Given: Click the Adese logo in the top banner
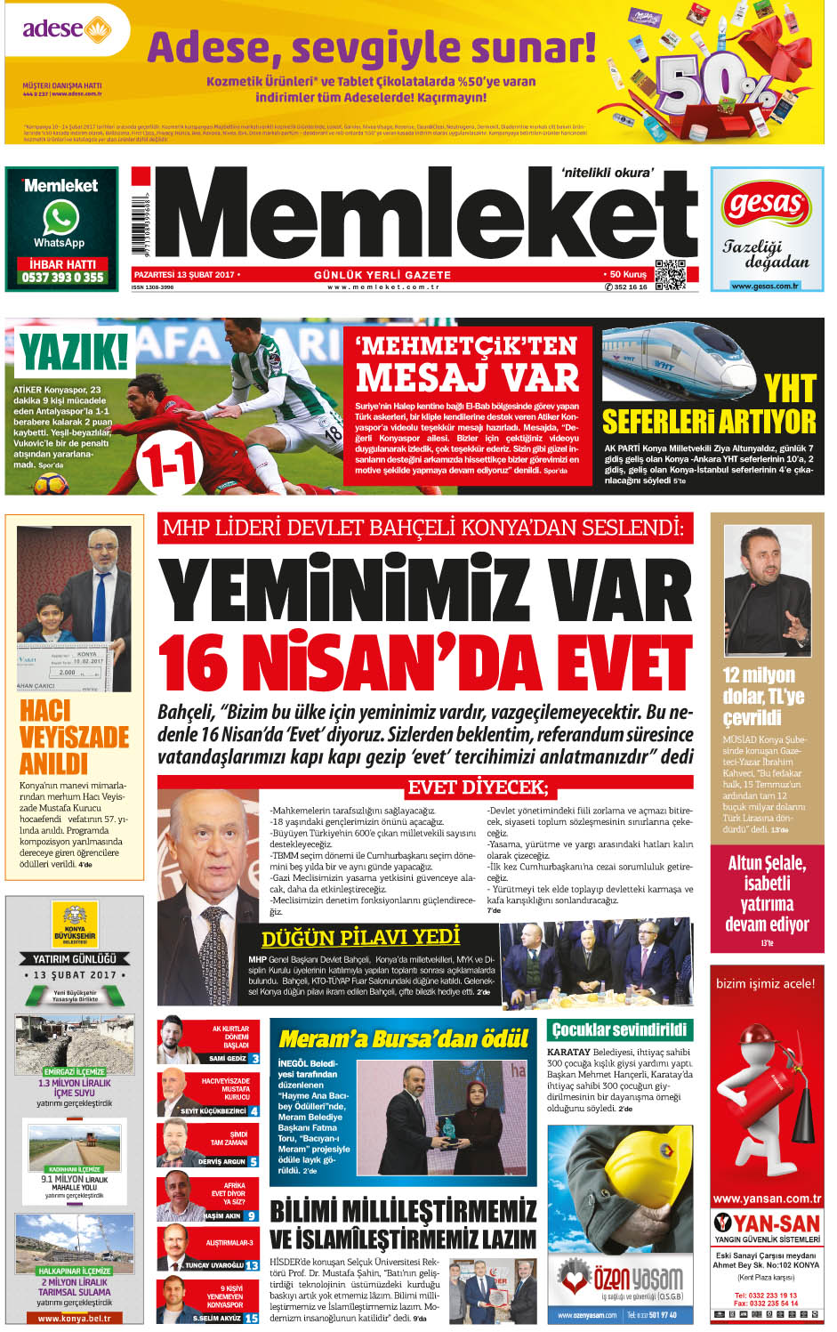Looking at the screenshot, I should coord(67,29).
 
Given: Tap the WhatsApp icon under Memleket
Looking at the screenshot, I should coord(60,218).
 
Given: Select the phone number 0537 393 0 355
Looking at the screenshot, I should coord(62,278).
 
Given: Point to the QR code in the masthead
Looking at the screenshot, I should coord(670,274).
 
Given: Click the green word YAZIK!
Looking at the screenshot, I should coord(74,351).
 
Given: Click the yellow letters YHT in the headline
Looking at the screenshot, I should coord(790,389).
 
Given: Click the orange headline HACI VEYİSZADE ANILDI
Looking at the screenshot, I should coord(74,737).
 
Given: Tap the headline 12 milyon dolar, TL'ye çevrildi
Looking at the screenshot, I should coord(763,696).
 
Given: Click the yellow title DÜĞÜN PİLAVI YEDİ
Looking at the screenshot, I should coord(360,937).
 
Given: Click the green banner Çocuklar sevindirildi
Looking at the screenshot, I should coord(619,1029).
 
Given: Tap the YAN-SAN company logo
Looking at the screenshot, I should coord(767,1224).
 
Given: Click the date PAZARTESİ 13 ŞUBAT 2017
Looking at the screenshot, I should coord(184,275).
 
